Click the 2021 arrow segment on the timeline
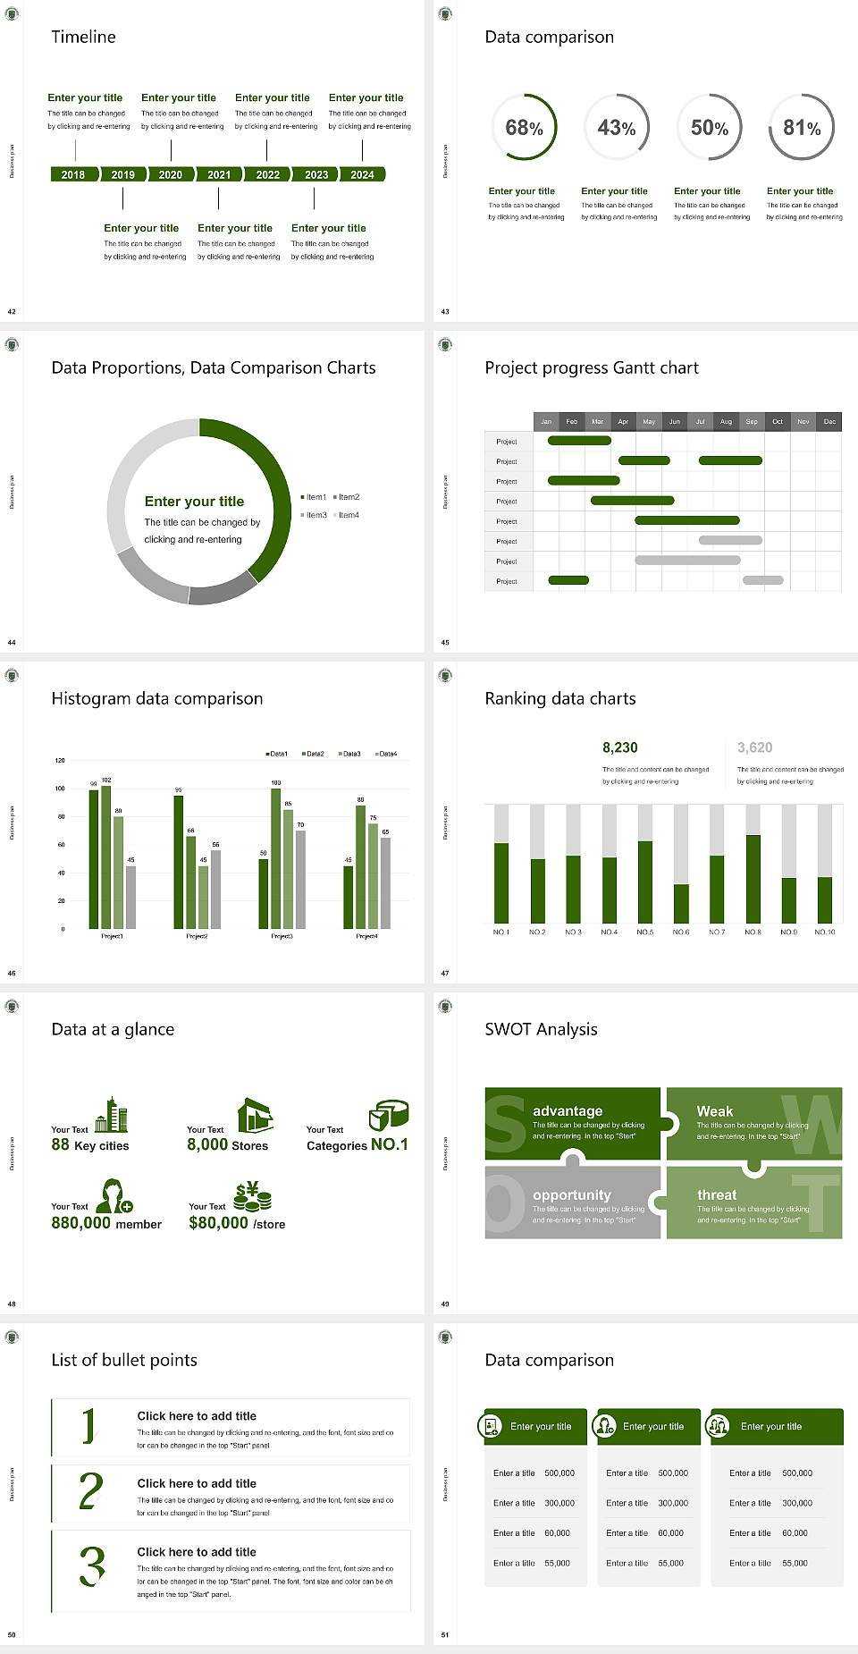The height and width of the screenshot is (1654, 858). coord(219,174)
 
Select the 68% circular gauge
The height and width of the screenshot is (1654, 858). coord(524,127)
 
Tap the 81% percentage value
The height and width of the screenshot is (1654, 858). coord(802,128)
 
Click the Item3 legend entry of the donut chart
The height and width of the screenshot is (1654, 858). coord(315,515)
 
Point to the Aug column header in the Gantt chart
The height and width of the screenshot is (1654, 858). coord(726,421)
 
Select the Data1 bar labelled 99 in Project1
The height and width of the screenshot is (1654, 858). coord(94,858)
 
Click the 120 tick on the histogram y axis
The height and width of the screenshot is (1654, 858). coord(60,760)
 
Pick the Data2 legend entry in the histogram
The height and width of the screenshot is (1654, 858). coord(314,754)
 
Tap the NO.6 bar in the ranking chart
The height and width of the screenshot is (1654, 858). coord(681,903)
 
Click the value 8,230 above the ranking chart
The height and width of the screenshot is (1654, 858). coord(619,747)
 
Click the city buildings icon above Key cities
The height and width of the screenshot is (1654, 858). coord(112,1115)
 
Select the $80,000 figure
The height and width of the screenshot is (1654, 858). coord(218,1223)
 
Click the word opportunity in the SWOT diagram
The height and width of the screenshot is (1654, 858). coord(571,1194)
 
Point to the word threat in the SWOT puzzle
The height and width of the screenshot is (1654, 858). coord(717,1194)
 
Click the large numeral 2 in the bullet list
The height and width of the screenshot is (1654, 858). coord(90,1491)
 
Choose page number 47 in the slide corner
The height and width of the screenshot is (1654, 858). coord(445,973)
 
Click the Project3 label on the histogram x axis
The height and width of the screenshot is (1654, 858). coord(282,936)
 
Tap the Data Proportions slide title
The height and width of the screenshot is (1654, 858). coord(213,367)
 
